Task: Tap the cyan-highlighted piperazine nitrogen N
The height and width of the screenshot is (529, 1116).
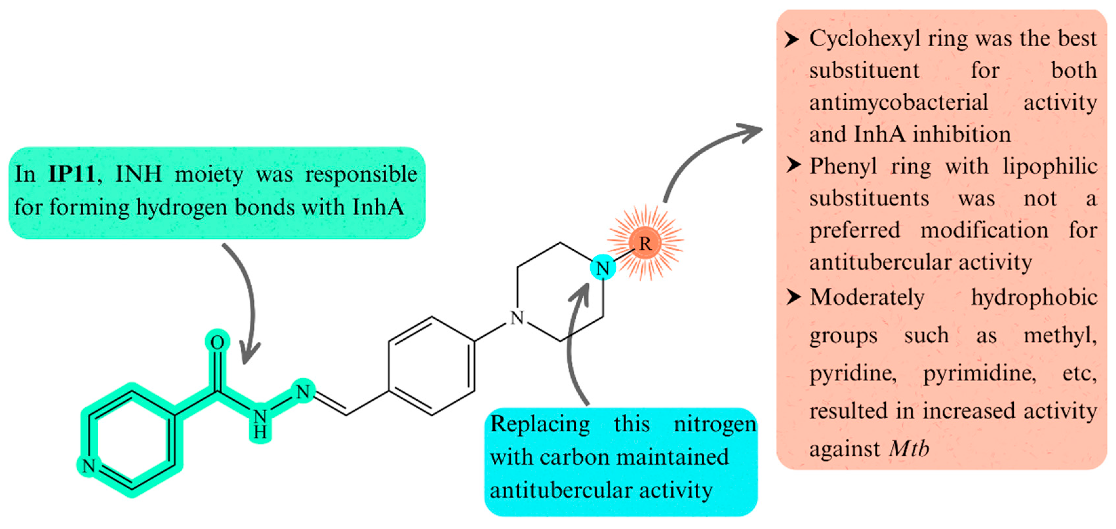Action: click(603, 268)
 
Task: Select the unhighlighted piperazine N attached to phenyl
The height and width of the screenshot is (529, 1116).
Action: click(517, 318)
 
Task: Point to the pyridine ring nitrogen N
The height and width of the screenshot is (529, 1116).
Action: click(89, 466)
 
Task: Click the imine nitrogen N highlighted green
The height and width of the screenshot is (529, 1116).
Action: click(303, 392)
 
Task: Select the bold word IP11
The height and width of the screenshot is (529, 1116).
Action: click(71, 174)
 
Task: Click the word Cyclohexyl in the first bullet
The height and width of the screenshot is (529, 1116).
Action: click(864, 39)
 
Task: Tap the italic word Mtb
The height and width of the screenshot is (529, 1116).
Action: click(909, 448)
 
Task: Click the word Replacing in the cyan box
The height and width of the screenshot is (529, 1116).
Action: click(540, 424)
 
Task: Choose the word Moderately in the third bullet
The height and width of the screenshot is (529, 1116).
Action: click(867, 297)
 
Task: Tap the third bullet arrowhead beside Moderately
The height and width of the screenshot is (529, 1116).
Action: click(793, 297)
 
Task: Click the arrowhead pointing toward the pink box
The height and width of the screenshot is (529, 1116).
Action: click(754, 130)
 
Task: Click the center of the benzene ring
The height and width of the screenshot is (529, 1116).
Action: click(431, 366)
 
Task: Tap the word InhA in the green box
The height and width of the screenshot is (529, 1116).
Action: click(378, 207)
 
